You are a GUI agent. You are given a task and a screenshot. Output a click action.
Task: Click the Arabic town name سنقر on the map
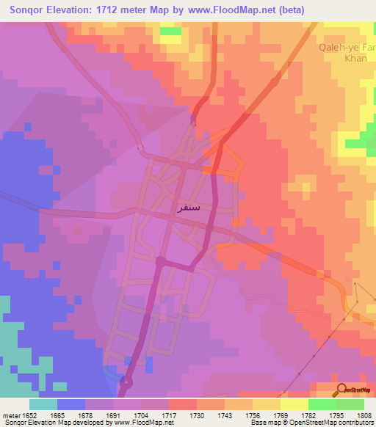click(189, 208)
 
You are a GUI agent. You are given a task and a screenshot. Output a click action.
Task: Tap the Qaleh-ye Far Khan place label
click(347, 54)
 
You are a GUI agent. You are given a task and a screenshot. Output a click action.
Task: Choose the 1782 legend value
click(308, 414)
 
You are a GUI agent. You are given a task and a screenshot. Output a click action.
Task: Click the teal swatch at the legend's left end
click(43, 404)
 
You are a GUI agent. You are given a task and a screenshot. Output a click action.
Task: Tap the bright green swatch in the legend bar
click(322, 404)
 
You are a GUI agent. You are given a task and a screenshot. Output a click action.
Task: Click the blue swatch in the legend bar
click(71, 404)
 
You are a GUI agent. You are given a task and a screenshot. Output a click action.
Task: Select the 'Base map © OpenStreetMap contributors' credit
click(312, 423)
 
